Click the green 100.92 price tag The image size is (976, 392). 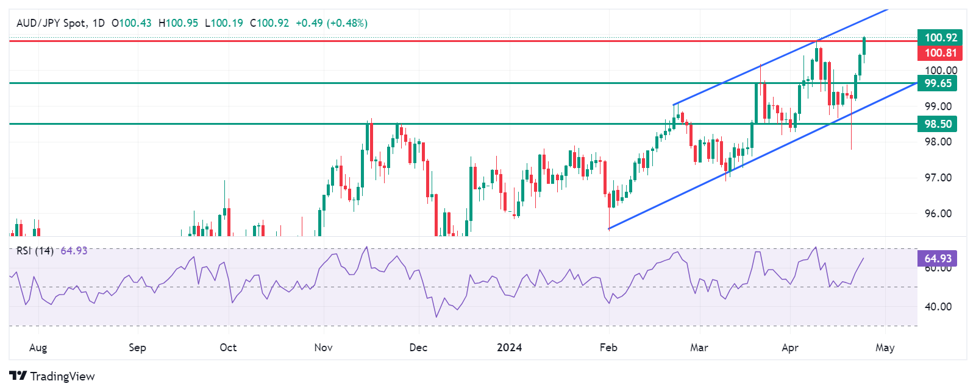pyautogui.click(x=940, y=38)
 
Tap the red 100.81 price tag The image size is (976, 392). pyautogui.click(x=940, y=53)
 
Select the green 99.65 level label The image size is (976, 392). pyautogui.click(x=938, y=83)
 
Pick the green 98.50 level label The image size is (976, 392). pyautogui.click(x=938, y=124)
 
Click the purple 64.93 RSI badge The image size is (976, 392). pyautogui.click(x=938, y=259)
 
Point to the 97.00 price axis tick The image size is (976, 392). pyautogui.click(x=938, y=178)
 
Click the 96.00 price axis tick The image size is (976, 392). pyautogui.click(x=938, y=214)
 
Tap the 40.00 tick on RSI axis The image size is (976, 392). pyautogui.click(x=938, y=307)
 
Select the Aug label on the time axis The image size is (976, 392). pyautogui.click(x=38, y=348)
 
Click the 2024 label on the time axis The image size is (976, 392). pyautogui.click(x=509, y=348)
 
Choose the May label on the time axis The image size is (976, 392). pyautogui.click(x=885, y=348)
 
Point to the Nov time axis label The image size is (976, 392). pyautogui.click(x=323, y=348)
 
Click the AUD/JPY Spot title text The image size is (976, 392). pyautogui.click(x=51, y=23)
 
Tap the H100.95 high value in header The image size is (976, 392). pyautogui.click(x=178, y=23)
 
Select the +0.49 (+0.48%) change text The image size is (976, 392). pyautogui.click(x=331, y=23)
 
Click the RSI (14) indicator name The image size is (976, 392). pyautogui.click(x=35, y=251)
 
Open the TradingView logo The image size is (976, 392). pyautogui.click(x=52, y=376)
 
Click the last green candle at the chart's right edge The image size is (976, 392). pyautogui.click(x=864, y=46)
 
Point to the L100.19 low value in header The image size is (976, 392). pyautogui.click(x=224, y=23)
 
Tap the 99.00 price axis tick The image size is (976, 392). pyautogui.click(x=938, y=107)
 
